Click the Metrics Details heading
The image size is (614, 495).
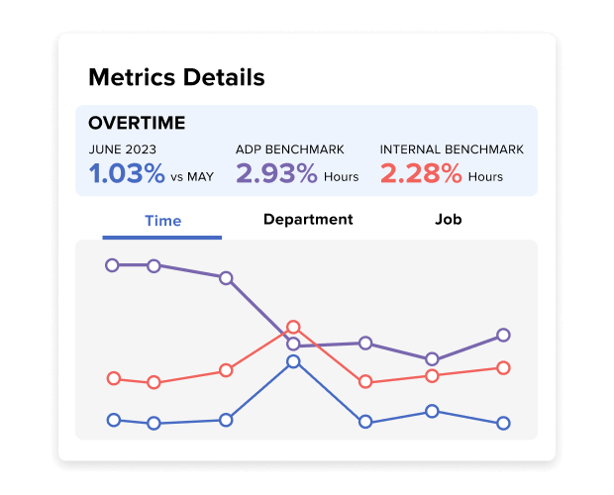pyautogui.click(x=176, y=76)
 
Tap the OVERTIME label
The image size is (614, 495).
pyautogui.click(x=137, y=124)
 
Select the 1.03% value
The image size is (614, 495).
pyautogui.click(x=127, y=174)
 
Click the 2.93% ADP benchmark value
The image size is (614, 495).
pyautogui.click(x=276, y=174)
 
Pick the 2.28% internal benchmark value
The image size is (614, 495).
pyautogui.click(x=421, y=174)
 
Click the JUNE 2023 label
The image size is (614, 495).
pyautogui.click(x=123, y=149)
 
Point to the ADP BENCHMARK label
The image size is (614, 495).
pyautogui.click(x=290, y=149)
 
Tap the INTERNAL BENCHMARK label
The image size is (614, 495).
pyautogui.click(x=452, y=149)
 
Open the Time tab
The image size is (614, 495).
pyautogui.click(x=162, y=220)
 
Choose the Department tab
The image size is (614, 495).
pyautogui.click(x=308, y=219)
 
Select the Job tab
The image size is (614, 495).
pyautogui.click(x=449, y=219)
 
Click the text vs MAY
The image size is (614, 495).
pyautogui.click(x=192, y=177)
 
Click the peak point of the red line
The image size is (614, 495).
pyautogui.click(x=293, y=327)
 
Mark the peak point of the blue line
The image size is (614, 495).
pyautogui.click(x=293, y=361)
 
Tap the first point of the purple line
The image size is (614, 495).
pyautogui.click(x=113, y=265)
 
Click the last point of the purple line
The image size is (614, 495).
pyautogui.click(x=503, y=335)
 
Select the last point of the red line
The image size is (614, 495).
pyautogui.click(x=503, y=367)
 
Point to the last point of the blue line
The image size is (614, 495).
pyautogui.click(x=503, y=423)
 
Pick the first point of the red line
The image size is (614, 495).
pyautogui.click(x=113, y=378)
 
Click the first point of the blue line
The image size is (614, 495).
pyautogui.click(x=113, y=420)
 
